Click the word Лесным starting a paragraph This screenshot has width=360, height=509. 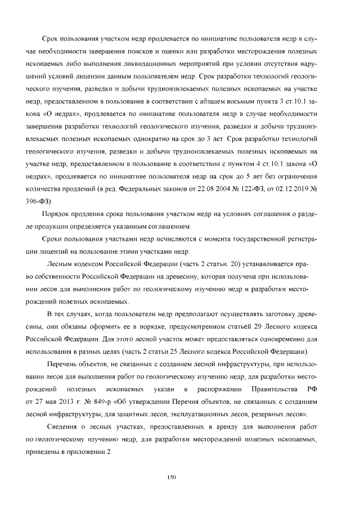60,264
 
